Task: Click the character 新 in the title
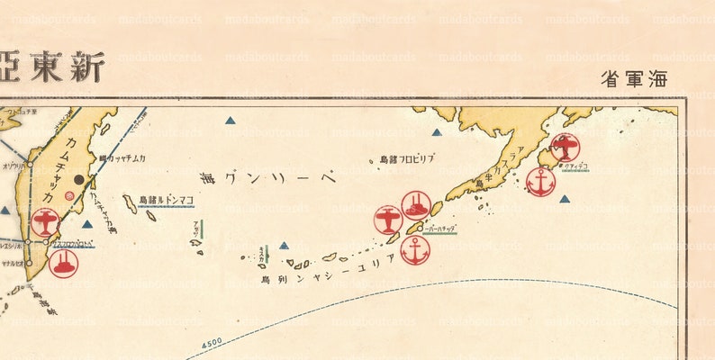click(x=87, y=67)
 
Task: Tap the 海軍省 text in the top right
click(x=634, y=78)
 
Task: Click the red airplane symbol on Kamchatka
click(x=45, y=221)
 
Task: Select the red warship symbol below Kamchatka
click(x=63, y=264)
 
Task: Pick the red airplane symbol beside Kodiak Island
click(x=566, y=147)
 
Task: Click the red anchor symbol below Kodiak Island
click(x=540, y=182)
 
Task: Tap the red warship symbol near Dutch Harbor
click(x=415, y=205)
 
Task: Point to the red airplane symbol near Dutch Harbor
click(x=388, y=220)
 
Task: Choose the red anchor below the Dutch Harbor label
click(x=415, y=250)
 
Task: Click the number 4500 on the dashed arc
click(x=212, y=343)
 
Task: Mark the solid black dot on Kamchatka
click(x=79, y=179)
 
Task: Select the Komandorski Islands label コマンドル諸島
click(x=166, y=200)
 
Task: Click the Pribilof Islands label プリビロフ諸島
click(x=406, y=159)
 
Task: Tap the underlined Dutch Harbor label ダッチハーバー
click(x=441, y=229)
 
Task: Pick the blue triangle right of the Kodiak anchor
click(x=565, y=199)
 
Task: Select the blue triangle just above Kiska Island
click(x=284, y=245)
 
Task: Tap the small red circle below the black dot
click(x=71, y=195)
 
